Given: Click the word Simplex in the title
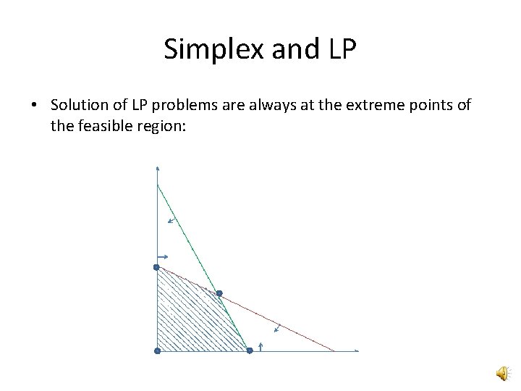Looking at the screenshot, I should coord(204,49).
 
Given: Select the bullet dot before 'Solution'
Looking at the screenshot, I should coord(34,106).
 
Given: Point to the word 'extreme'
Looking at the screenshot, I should coord(383,105).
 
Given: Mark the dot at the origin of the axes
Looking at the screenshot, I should coord(156,351).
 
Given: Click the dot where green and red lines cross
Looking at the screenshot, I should coord(219,294).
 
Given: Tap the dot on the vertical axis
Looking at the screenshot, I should coord(156,267).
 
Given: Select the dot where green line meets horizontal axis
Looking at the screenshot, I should coord(249,351).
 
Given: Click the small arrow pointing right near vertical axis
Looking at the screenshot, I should coord(164,256).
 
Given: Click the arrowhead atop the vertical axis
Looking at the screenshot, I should coord(157,168).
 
